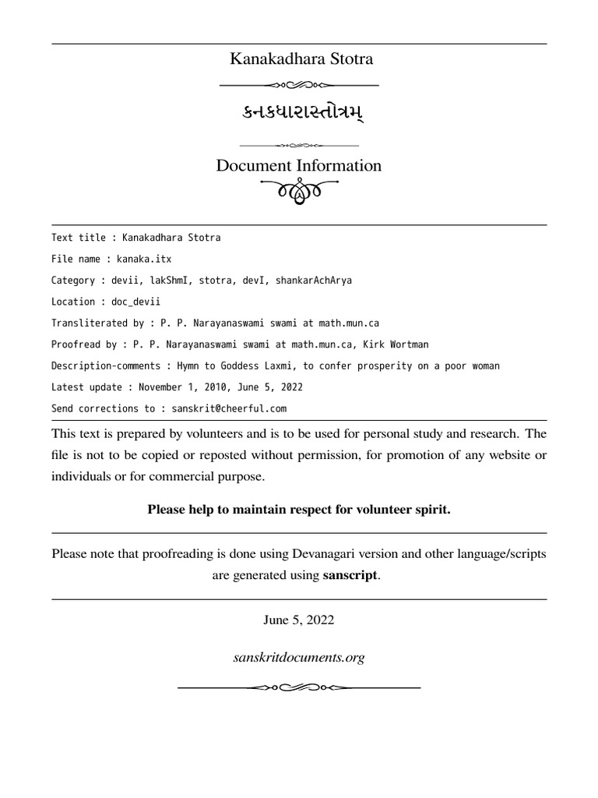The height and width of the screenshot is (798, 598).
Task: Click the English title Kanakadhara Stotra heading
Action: (299, 58)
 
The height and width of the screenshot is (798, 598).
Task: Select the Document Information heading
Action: (299, 165)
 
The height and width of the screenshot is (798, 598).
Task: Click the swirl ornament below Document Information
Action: (299, 189)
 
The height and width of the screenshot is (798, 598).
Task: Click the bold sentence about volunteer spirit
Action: (299, 510)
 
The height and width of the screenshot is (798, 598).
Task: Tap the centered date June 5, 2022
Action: (299, 620)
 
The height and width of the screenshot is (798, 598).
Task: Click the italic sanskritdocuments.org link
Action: (299, 658)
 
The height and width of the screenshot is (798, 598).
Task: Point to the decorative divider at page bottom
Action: (299, 687)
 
